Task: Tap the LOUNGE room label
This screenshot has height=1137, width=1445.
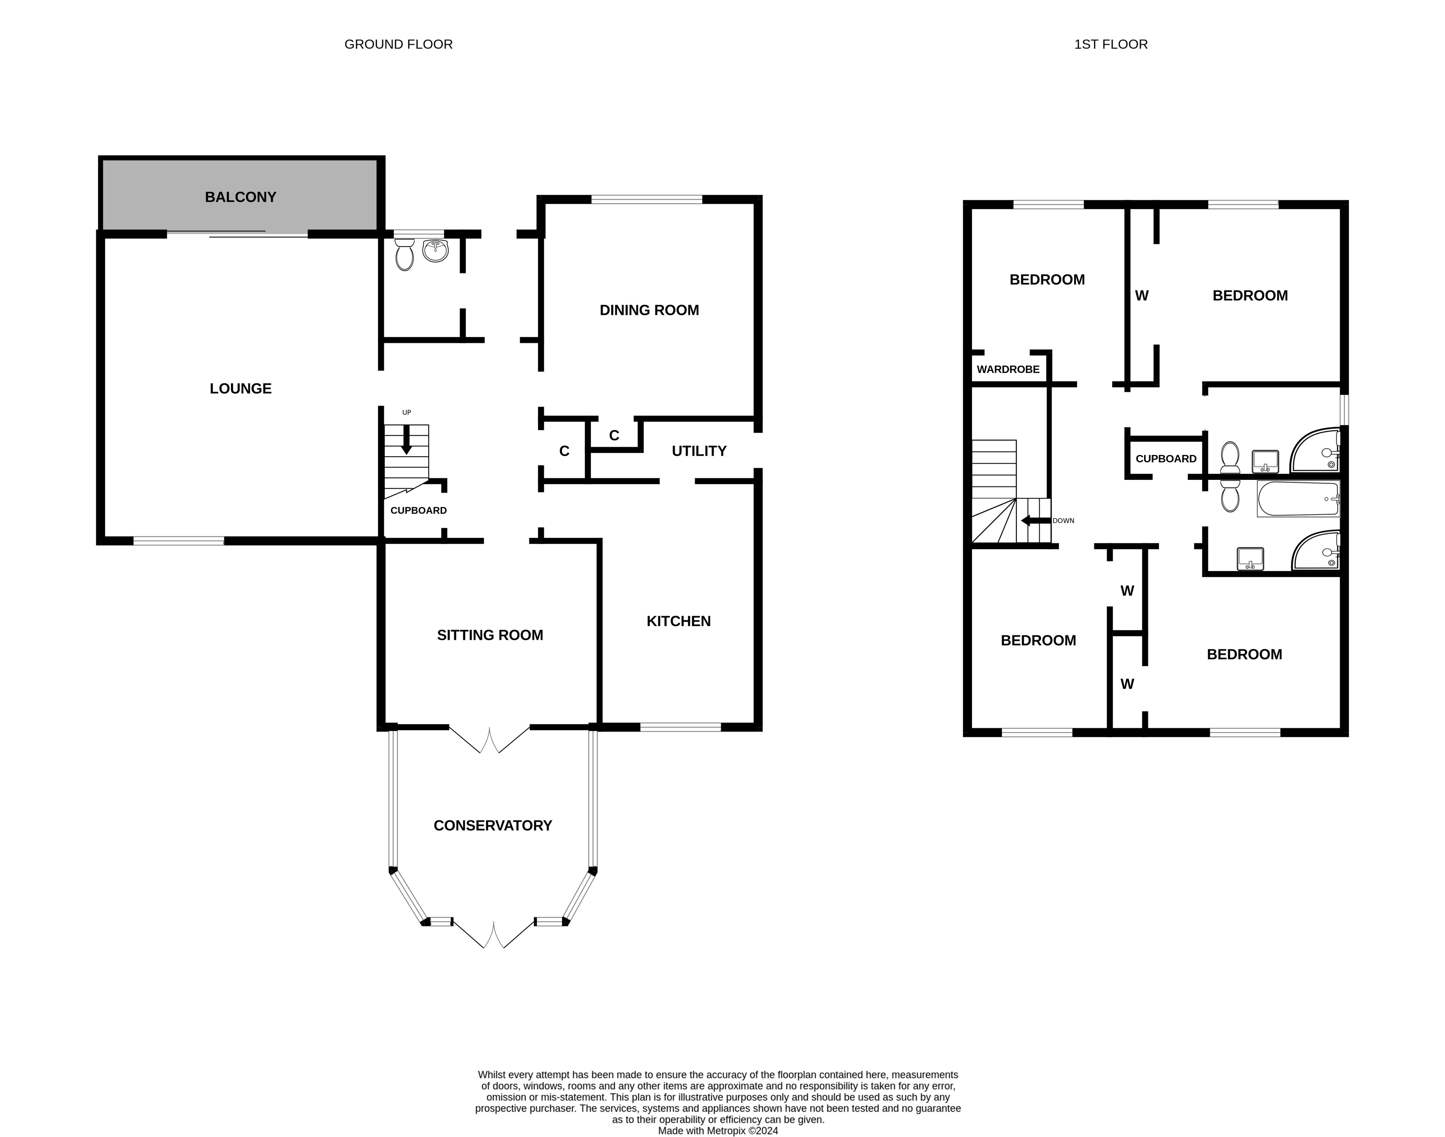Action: (240, 389)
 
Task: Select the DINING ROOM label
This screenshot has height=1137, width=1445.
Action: (649, 310)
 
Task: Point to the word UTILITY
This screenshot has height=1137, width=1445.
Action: (698, 451)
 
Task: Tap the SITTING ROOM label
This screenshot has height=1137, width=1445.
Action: (490, 635)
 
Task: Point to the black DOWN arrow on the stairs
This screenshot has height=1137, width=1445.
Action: (1035, 520)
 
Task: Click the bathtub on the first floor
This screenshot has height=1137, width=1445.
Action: (1297, 499)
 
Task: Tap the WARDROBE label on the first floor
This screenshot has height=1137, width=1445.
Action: (1008, 370)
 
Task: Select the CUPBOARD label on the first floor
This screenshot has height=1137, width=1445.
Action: (1165, 459)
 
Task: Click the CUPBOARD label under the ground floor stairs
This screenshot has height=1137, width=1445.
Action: (418, 510)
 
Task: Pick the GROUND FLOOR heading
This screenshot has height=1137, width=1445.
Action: (398, 45)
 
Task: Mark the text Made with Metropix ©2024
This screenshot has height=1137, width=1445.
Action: (717, 1130)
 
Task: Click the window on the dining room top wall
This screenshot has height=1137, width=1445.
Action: (646, 199)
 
